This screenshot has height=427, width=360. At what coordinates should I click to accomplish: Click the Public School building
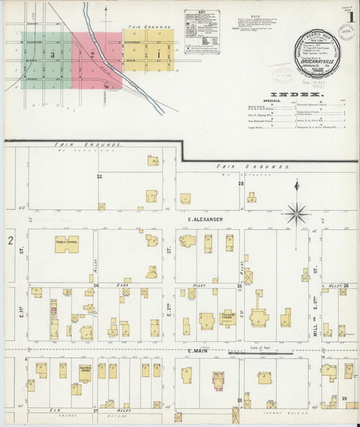(x=66, y=245)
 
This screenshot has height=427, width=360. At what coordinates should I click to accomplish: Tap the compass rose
(x=296, y=213)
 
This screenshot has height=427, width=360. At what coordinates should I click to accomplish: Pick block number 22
(x=99, y=176)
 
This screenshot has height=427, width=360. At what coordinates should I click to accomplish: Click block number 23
(x=240, y=183)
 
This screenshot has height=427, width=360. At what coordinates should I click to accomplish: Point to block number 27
(x=96, y=410)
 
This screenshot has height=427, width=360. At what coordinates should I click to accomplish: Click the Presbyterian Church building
(x=227, y=318)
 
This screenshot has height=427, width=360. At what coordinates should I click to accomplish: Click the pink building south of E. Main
(x=219, y=380)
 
